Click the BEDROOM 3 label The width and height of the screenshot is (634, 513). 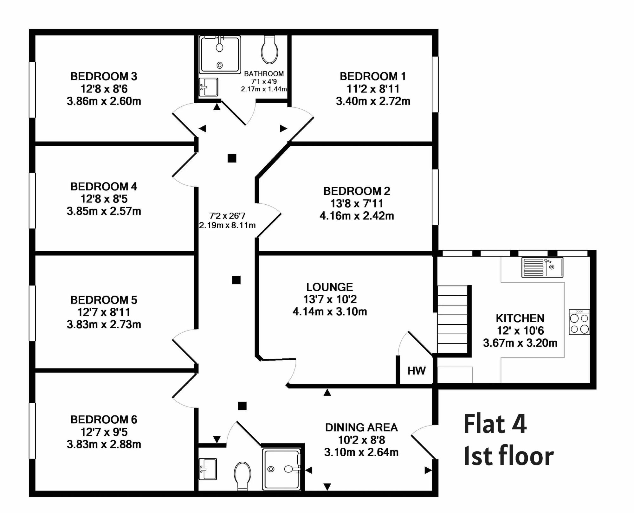click(x=104, y=76)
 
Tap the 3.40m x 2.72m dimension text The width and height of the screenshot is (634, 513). click(x=373, y=101)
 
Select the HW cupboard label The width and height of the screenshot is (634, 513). click(x=416, y=371)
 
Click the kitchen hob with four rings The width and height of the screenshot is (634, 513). click(x=579, y=322)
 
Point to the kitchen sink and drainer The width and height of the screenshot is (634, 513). click(x=542, y=267)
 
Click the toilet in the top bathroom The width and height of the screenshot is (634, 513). click(x=269, y=49)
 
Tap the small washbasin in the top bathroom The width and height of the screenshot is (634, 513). click(x=209, y=87)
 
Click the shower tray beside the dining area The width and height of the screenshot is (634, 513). click(x=281, y=469)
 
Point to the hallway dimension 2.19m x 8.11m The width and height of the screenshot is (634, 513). click(x=227, y=225)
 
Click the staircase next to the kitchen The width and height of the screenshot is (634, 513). click(x=453, y=319)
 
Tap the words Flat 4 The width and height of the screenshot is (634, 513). click(x=495, y=424)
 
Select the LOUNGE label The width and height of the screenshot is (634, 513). click(x=329, y=287)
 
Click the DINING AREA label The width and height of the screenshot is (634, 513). click(x=361, y=427)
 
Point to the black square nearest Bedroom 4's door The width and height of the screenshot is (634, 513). click(x=232, y=158)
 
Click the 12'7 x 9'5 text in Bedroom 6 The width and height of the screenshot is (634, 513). click(x=104, y=432)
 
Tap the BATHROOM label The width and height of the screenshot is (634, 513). click(x=264, y=74)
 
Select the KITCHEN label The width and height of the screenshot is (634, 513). click(x=520, y=318)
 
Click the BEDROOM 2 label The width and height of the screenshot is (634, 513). click(x=357, y=191)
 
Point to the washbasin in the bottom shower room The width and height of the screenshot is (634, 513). click(x=208, y=469)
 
